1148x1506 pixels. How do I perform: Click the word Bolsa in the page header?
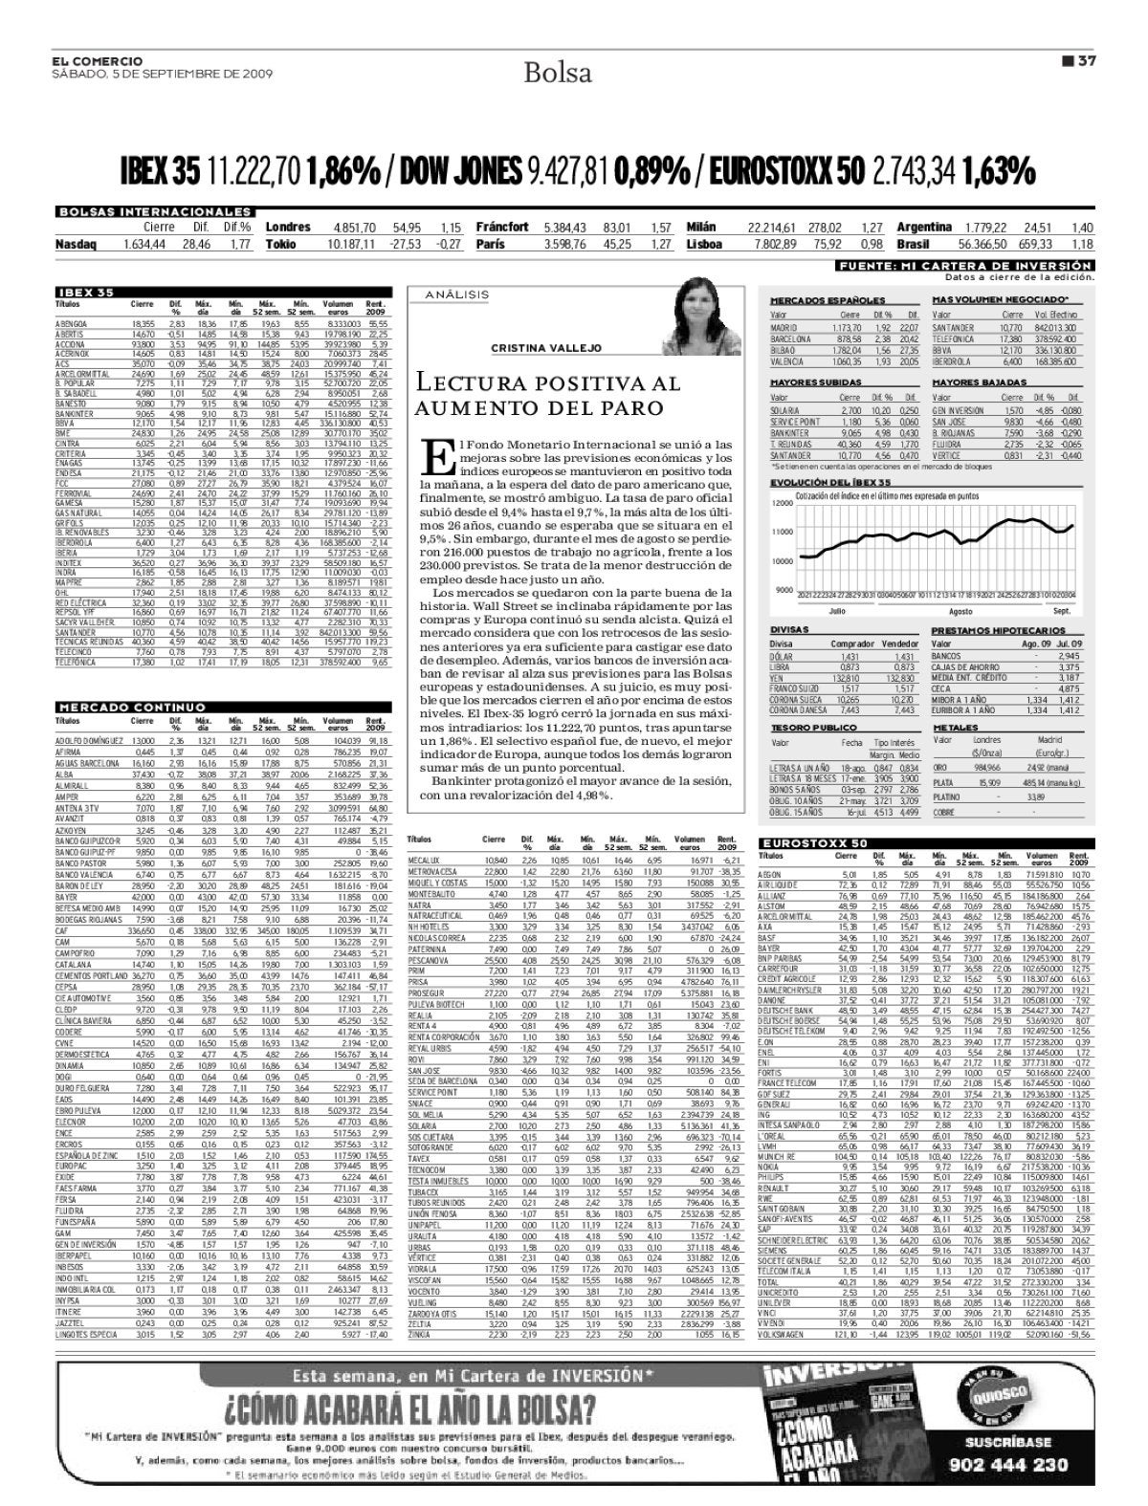click(x=558, y=73)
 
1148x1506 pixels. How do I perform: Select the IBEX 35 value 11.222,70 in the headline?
click(x=254, y=172)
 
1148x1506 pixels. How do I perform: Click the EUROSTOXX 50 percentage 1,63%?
click(x=999, y=172)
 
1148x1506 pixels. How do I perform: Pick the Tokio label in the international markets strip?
click(x=280, y=244)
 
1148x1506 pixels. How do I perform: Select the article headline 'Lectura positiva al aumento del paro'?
click(x=546, y=395)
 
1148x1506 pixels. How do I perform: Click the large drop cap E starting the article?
click(x=434, y=456)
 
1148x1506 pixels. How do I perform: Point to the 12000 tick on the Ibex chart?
click(x=782, y=502)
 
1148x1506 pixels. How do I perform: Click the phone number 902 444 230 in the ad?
click(x=1016, y=1465)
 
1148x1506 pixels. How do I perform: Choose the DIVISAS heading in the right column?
click(x=789, y=630)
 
